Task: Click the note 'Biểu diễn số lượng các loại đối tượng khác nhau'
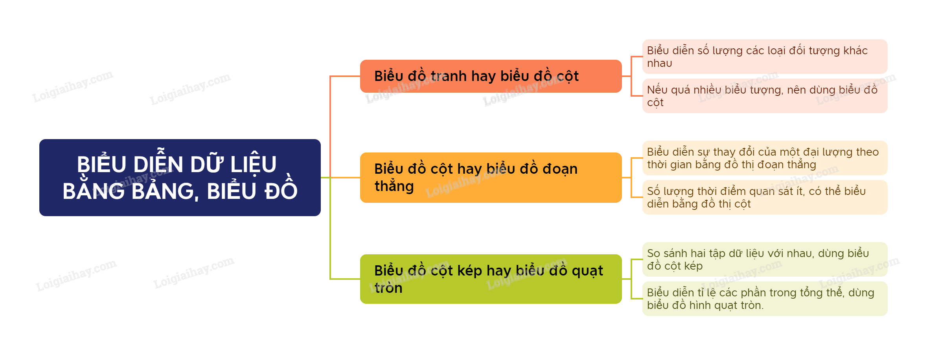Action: point(765,57)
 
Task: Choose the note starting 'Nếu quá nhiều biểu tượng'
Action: point(765,96)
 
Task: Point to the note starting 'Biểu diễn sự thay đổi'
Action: point(765,158)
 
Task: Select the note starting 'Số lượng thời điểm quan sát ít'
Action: point(765,197)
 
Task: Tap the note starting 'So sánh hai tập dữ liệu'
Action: point(765,259)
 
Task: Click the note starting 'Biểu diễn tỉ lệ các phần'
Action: point(765,299)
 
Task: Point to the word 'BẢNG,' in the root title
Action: point(162,191)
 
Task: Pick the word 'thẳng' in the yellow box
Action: point(394,186)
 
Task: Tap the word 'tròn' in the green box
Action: point(388,288)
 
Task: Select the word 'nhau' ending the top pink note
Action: point(659,63)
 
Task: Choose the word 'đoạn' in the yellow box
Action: point(560,169)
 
